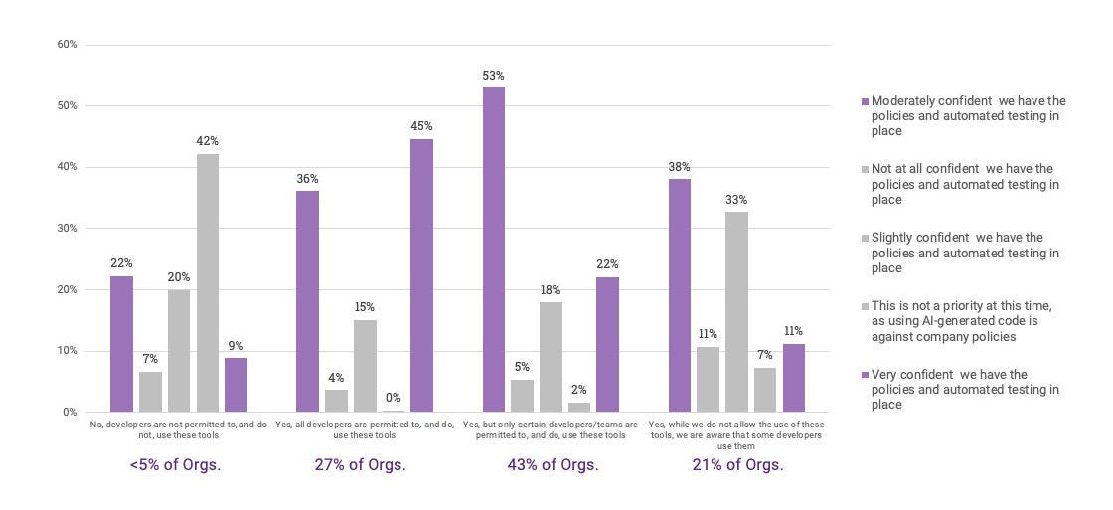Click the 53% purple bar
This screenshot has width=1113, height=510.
493,250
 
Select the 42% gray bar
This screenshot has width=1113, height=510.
207,283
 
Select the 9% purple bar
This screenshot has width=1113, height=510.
236,385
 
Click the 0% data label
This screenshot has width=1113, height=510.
394,398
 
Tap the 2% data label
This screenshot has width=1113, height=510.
578,390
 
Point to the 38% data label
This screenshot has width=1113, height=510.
679,167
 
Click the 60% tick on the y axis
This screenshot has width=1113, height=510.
68,45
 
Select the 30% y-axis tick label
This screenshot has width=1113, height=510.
68,229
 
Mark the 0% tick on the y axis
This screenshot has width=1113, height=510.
70,412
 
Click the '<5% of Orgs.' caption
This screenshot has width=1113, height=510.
175,465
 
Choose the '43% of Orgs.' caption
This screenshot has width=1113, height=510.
553,465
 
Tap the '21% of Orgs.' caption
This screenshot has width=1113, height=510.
737,465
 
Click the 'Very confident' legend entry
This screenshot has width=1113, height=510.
962,390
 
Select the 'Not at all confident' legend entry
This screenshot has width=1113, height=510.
962,184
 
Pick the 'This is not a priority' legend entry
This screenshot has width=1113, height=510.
962,321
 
